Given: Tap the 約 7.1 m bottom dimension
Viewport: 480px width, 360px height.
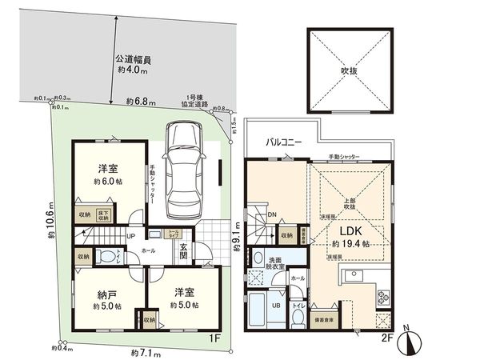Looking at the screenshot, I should point(142,351).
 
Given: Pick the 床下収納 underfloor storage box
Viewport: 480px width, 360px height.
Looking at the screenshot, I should point(104,214).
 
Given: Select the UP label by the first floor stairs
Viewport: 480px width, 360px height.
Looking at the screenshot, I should point(130,238).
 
